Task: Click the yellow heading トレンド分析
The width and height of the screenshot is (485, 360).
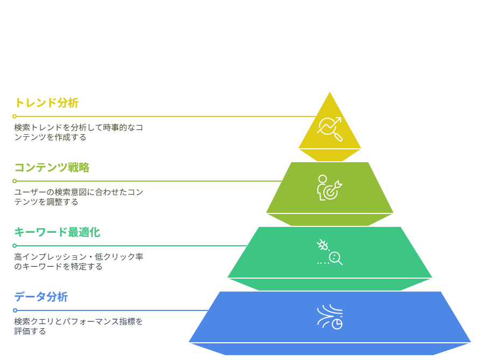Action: pos(47,103)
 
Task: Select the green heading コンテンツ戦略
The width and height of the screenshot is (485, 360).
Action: pos(52,167)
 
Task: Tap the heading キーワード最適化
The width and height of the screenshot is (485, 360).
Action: pos(57,232)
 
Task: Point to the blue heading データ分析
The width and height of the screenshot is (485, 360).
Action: pos(41,296)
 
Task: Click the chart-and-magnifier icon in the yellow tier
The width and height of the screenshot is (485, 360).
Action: pos(330,129)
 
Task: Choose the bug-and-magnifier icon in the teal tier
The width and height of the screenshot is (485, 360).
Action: pos(330,252)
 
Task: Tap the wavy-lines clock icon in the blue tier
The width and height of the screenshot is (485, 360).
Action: pos(330,317)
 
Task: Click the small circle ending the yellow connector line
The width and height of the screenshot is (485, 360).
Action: pos(15,116)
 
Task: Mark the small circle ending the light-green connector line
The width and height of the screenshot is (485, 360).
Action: pos(15,181)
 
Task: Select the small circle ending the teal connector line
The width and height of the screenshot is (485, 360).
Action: pos(15,246)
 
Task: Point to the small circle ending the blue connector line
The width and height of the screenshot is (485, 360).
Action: pos(15,310)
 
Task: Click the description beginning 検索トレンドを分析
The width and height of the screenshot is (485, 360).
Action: pos(79,133)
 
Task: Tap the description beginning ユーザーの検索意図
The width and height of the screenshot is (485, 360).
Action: pos(79,197)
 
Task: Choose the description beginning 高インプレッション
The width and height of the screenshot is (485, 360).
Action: pos(79,262)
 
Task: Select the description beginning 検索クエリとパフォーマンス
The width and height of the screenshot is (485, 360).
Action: pos(78,326)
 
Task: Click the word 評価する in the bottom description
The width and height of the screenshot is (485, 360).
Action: pos(30,331)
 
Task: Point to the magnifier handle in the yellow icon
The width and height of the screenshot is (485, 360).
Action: pos(339,137)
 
